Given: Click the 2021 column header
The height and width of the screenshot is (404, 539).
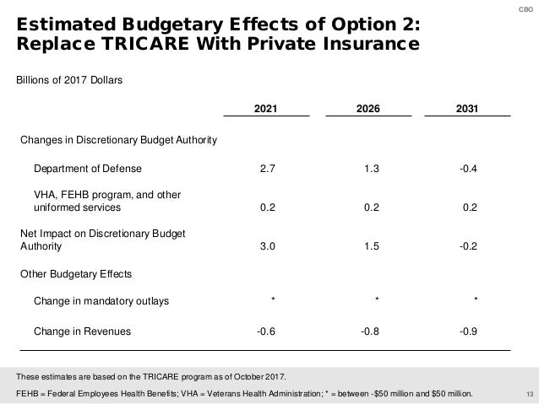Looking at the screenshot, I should coord(267,109).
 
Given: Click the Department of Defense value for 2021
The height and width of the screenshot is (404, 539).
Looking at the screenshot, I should coord(266,168).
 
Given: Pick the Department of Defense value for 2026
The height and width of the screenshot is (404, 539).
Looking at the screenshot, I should coord(371,168).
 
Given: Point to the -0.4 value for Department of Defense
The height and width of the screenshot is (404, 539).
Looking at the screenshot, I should coord(467,168).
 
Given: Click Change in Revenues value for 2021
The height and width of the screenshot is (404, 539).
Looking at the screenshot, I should coord(264,331).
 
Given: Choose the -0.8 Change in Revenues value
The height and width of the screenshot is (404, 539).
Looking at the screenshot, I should coord(369,331).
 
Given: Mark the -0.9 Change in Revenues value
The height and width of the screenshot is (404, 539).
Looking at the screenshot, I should coord(467,331).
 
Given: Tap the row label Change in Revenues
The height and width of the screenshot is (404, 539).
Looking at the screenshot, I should coord(82,331).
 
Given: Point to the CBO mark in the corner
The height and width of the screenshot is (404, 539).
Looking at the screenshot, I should coord(527,8).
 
